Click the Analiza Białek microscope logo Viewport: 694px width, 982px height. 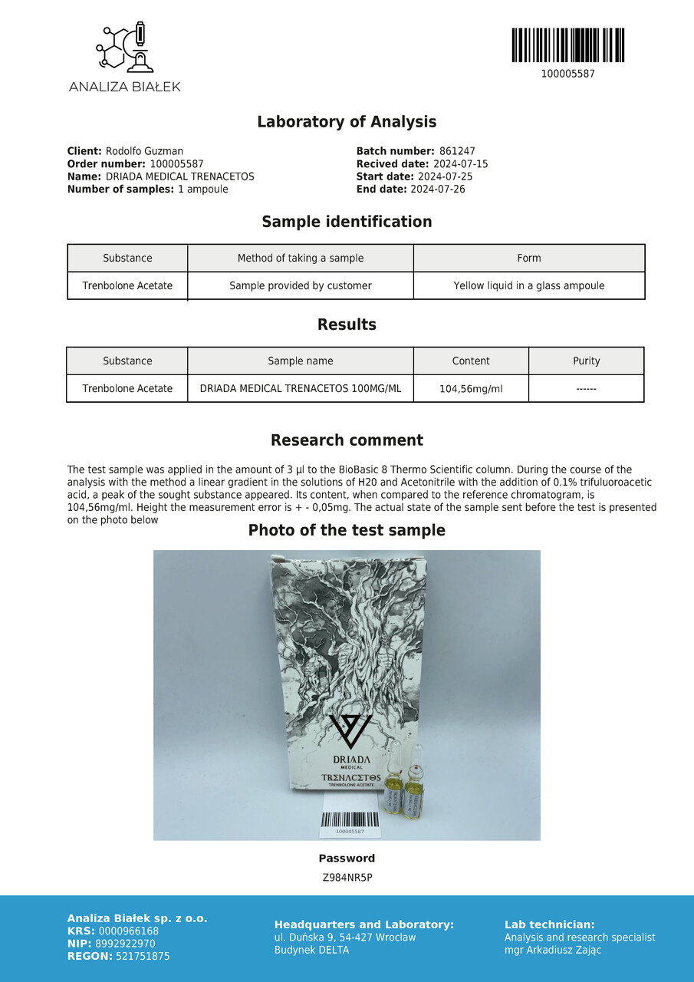[124, 48]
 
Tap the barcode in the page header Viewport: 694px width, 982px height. [567, 45]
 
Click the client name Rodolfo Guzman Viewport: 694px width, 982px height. [144, 152]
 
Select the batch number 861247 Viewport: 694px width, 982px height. [457, 152]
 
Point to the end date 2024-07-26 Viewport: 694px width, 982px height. [437, 189]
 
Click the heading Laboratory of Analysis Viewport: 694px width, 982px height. [347, 122]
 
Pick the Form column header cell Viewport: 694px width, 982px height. [529, 259]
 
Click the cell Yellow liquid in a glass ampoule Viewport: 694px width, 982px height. [529, 286]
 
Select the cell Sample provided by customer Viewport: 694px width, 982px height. [301, 286]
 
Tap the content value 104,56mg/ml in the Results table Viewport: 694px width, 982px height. [471, 389]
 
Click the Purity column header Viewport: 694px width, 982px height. [587, 361]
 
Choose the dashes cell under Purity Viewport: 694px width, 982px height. [587, 389]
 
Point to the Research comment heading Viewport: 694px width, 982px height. [347, 440]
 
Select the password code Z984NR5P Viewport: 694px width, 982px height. [347, 878]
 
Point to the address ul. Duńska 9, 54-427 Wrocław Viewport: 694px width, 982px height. [345, 938]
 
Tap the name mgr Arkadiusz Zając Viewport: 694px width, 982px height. [553, 951]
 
